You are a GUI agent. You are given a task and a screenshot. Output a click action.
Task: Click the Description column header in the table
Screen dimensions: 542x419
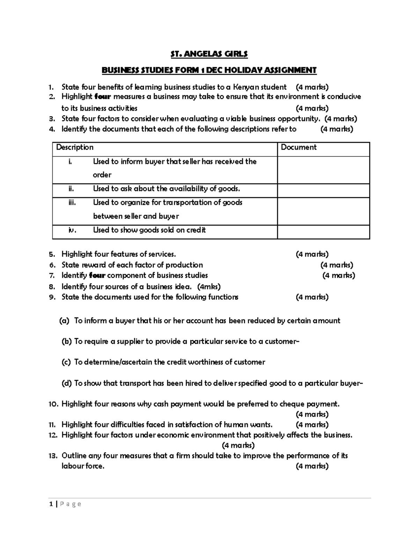[75, 147]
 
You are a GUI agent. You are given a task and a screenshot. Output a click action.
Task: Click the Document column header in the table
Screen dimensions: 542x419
[299, 147]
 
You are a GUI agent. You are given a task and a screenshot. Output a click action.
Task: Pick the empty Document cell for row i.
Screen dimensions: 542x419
[323, 170]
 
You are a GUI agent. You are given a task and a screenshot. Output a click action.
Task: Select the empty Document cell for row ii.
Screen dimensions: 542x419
[323, 191]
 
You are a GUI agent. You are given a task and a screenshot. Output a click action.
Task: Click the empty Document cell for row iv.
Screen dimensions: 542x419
[323, 232]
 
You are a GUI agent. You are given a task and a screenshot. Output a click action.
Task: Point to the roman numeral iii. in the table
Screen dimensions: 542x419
[72, 202]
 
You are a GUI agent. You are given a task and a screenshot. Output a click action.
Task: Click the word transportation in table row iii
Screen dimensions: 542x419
[186, 202]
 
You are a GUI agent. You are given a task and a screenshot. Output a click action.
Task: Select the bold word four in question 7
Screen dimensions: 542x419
[97, 275]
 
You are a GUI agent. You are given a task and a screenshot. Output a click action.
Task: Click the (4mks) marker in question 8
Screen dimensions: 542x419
[209, 287]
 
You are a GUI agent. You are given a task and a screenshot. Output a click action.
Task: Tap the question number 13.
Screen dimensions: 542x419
[52, 456]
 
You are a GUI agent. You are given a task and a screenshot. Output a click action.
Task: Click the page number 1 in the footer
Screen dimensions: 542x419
[51, 504]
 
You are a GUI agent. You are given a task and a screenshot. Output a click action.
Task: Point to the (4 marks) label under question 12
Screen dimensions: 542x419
[238, 445]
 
